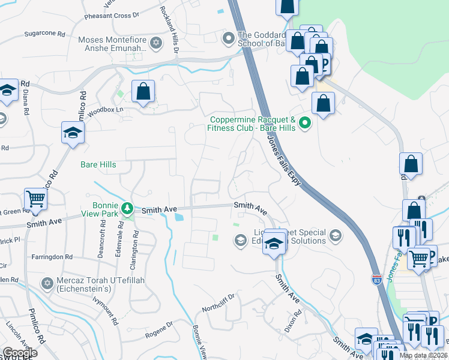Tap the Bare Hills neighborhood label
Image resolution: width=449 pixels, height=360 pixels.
(x=98, y=164)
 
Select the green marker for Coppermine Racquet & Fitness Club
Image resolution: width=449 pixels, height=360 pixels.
(x=305, y=124)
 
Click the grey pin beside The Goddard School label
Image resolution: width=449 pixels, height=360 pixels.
(x=228, y=39)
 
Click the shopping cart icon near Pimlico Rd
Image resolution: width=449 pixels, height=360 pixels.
(x=35, y=198)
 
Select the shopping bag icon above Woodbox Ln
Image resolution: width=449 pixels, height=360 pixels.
(x=143, y=92)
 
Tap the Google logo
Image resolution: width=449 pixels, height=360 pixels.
(x=19, y=353)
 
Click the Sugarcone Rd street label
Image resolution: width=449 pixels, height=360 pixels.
(x=44, y=34)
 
